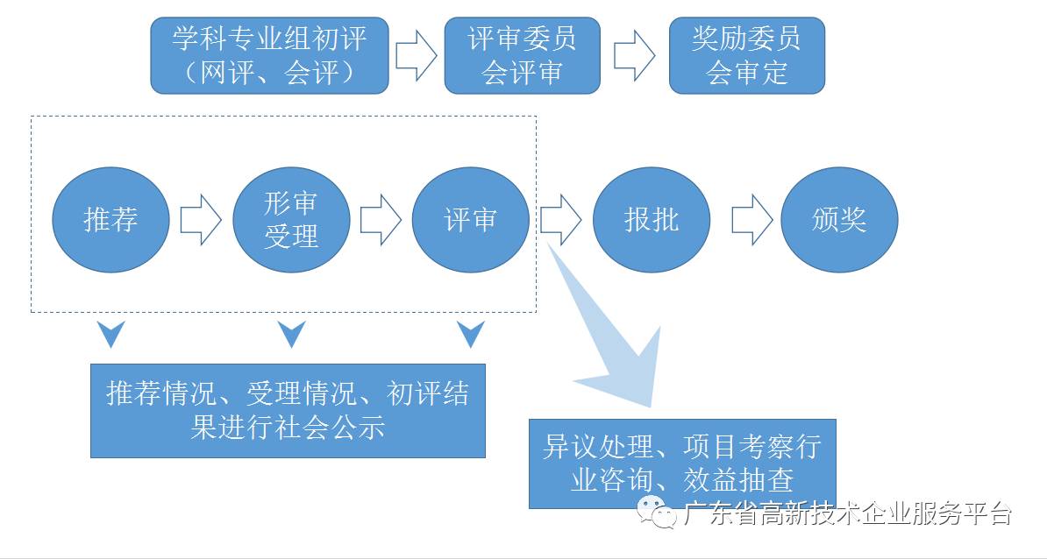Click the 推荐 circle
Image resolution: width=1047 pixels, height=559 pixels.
[110, 220]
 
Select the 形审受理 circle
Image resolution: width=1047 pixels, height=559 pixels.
[291, 220]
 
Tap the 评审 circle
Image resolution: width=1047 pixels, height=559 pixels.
[471, 220]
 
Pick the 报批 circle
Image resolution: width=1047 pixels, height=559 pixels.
[652, 220]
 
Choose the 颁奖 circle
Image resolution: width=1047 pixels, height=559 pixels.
[839, 220]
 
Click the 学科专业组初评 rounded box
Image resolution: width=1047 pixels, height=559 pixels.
[269, 54]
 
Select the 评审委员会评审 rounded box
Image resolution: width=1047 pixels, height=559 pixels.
[522, 54]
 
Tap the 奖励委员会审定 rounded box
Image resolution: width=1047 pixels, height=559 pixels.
[746, 54]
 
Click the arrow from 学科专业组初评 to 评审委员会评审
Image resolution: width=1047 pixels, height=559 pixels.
[416, 55]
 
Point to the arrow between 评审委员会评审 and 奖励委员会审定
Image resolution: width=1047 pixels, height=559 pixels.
[634, 55]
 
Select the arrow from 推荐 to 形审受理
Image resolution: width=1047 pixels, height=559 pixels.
[201, 220]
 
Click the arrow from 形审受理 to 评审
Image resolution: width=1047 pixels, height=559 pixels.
[381, 220]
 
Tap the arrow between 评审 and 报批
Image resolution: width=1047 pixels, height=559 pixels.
[560, 220]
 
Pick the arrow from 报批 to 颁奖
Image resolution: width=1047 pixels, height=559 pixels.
[751, 220]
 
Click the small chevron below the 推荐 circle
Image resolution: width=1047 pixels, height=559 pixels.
[111, 334]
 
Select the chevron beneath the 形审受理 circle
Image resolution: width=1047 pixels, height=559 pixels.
[291, 334]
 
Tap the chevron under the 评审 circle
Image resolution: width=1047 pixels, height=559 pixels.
[471, 334]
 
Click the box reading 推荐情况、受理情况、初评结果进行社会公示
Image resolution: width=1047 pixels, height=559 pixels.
[288, 410]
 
